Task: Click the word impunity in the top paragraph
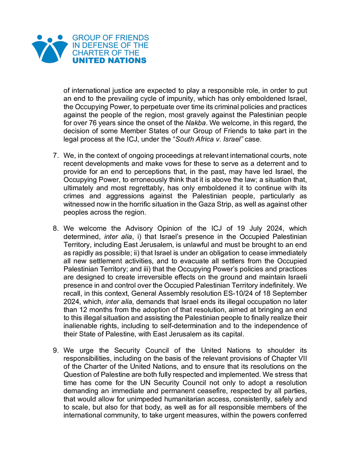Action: tap(172, 99)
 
